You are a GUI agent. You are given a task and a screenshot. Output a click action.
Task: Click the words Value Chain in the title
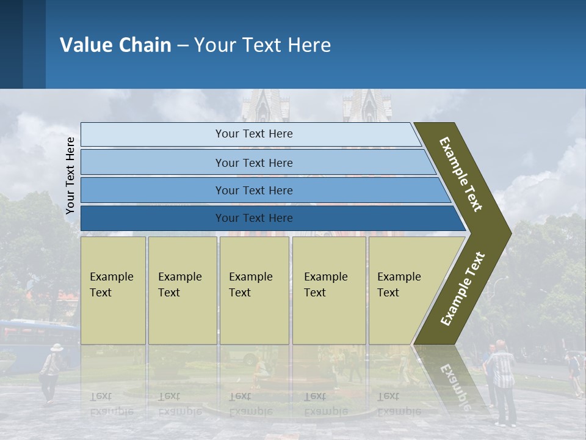[115, 45]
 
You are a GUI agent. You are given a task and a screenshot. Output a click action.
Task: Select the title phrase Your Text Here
[262, 45]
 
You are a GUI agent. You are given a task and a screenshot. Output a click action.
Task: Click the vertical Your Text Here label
[70, 175]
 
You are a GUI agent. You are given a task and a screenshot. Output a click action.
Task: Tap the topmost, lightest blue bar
[253, 134]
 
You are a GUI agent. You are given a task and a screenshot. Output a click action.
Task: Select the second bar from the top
[253, 163]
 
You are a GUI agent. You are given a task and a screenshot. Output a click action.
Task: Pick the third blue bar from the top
[253, 190]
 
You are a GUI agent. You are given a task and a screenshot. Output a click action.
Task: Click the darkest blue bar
[253, 218]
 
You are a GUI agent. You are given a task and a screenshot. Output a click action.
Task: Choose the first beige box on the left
[113, 290]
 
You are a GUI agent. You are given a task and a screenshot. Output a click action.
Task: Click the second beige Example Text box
[182, 290]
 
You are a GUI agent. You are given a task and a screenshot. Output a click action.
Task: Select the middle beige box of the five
[254, 290]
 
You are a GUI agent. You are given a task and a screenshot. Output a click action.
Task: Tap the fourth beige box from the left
[329, 290]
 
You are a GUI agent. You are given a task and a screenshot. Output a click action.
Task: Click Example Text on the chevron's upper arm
[461, 174]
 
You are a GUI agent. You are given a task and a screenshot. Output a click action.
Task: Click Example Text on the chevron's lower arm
[463, 289]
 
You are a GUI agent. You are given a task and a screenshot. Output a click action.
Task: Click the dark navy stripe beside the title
[11, 44]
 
